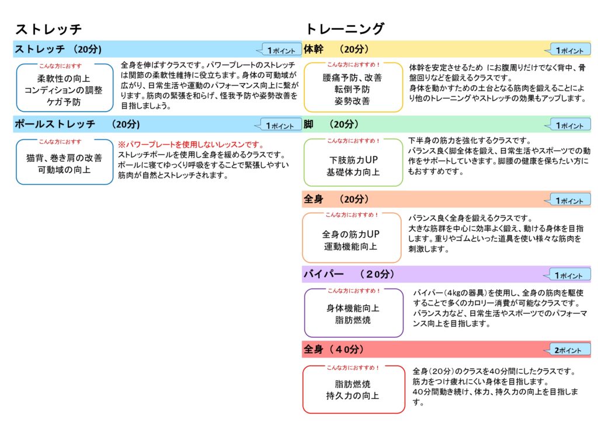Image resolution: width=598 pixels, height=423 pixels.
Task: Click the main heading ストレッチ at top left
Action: (48, 29)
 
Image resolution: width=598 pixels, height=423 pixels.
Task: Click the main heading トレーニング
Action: (345, 29)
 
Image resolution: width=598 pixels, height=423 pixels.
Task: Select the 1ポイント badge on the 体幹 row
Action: (568, 50)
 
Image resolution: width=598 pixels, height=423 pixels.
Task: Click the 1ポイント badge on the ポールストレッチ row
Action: (279, 125)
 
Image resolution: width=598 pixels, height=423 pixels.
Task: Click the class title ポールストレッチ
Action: (55, 124)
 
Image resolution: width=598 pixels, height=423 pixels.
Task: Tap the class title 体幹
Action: (314, 49)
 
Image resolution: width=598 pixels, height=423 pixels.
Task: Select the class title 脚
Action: (308, 124)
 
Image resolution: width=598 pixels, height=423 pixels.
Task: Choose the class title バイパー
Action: (324, 274)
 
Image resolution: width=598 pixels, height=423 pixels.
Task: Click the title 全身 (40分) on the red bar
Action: (333, 349)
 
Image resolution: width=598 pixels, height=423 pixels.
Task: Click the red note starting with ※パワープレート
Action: (191, 144)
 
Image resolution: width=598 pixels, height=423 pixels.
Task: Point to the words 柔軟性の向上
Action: (63, 78)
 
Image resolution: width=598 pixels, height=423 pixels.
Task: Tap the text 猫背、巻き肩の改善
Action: (64, 158)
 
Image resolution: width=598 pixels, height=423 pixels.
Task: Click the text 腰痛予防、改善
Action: (352, 78)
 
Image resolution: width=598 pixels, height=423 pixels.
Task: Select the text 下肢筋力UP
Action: (353, 160)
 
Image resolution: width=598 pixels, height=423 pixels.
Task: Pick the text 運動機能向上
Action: (350, 247)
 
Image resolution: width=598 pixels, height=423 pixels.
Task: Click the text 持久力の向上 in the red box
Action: (353, 396)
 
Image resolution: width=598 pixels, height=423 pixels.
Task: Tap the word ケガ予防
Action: (64, 102)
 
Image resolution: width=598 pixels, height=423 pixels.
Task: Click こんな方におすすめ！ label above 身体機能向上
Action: (353, 290)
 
